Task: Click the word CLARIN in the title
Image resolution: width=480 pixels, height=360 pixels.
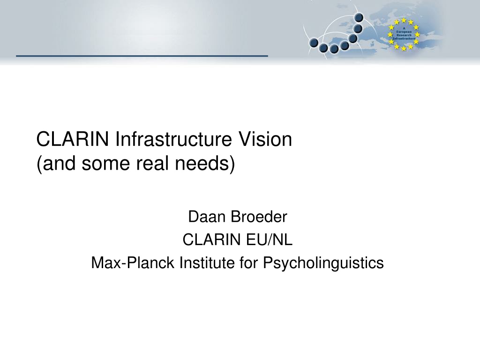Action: (x=73, y=139)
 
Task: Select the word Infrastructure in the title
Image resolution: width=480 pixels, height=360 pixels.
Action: (x=173, y=139)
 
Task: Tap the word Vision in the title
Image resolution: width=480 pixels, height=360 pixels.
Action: (x=265, y=139)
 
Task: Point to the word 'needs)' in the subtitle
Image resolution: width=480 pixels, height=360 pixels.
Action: (x=205, y=164)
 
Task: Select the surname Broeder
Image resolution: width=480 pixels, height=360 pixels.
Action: (x=259, y=217)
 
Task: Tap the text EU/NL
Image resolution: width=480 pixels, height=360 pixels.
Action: (x=269, y=240)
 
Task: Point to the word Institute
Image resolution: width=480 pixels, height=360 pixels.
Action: (x=207, y=262)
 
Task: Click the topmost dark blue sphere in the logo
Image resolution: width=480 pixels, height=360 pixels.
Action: (x=359, y=17)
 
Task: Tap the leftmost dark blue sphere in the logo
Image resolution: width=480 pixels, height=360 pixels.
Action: (x=314, y=43)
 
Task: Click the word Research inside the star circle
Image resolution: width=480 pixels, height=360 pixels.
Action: (x=404, y=35)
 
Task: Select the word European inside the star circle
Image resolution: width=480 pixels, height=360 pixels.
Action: (x=404, y=32)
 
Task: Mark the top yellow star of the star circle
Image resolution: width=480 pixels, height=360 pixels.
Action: (x=404, y=21)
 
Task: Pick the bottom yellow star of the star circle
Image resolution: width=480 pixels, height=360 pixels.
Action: (x=404, y=48)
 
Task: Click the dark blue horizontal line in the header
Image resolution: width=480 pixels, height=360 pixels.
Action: (x=142, y=56)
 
